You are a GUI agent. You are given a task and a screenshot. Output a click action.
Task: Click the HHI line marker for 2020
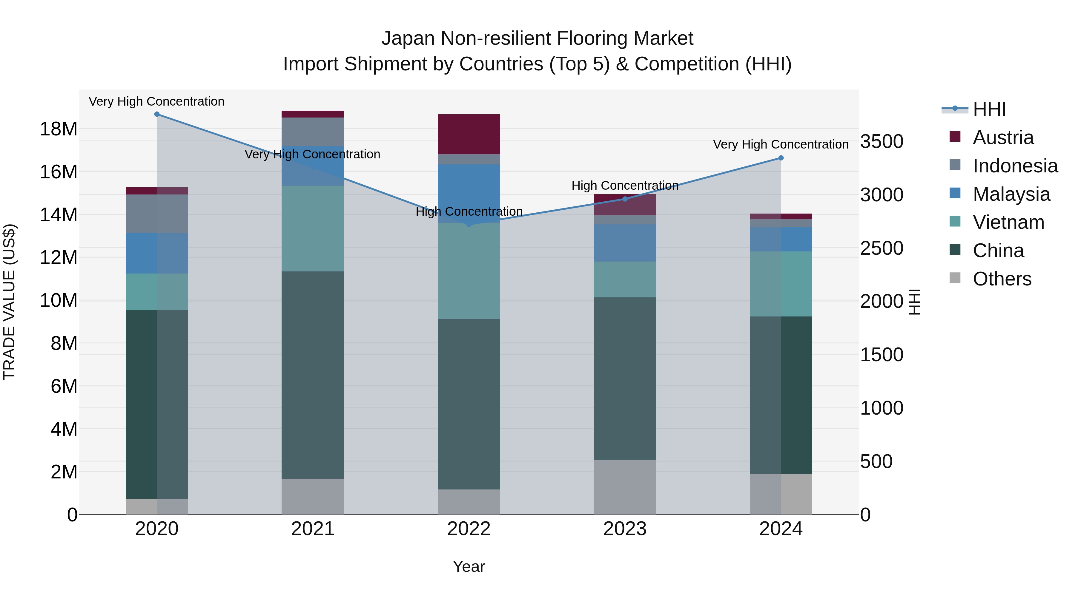pos(157,114)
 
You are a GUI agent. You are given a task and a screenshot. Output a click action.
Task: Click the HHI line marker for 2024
pos(781,158)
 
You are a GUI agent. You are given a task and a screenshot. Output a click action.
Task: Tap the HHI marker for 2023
pos(625,199)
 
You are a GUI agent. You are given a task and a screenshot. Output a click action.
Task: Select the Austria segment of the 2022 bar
pos(469,134)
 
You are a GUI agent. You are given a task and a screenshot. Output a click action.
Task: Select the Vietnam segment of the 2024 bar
pos(781,284)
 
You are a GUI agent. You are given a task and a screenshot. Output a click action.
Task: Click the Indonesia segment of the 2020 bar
pos(157,214)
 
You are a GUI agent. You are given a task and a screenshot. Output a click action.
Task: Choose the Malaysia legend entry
pos(1011,194)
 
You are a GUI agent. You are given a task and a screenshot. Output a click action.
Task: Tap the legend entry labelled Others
pos(1002,279)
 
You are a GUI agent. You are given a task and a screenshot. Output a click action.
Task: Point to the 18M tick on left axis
pos(59,129)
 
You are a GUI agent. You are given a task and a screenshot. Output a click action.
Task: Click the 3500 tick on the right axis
pos(882,141)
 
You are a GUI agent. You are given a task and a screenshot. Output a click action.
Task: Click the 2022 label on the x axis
pos(469,529)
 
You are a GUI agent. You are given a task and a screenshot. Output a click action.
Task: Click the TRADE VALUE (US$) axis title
pos(9,302)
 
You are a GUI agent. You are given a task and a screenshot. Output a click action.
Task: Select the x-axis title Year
pos(469,566)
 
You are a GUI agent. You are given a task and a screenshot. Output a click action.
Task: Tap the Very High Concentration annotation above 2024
pos(781,145)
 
